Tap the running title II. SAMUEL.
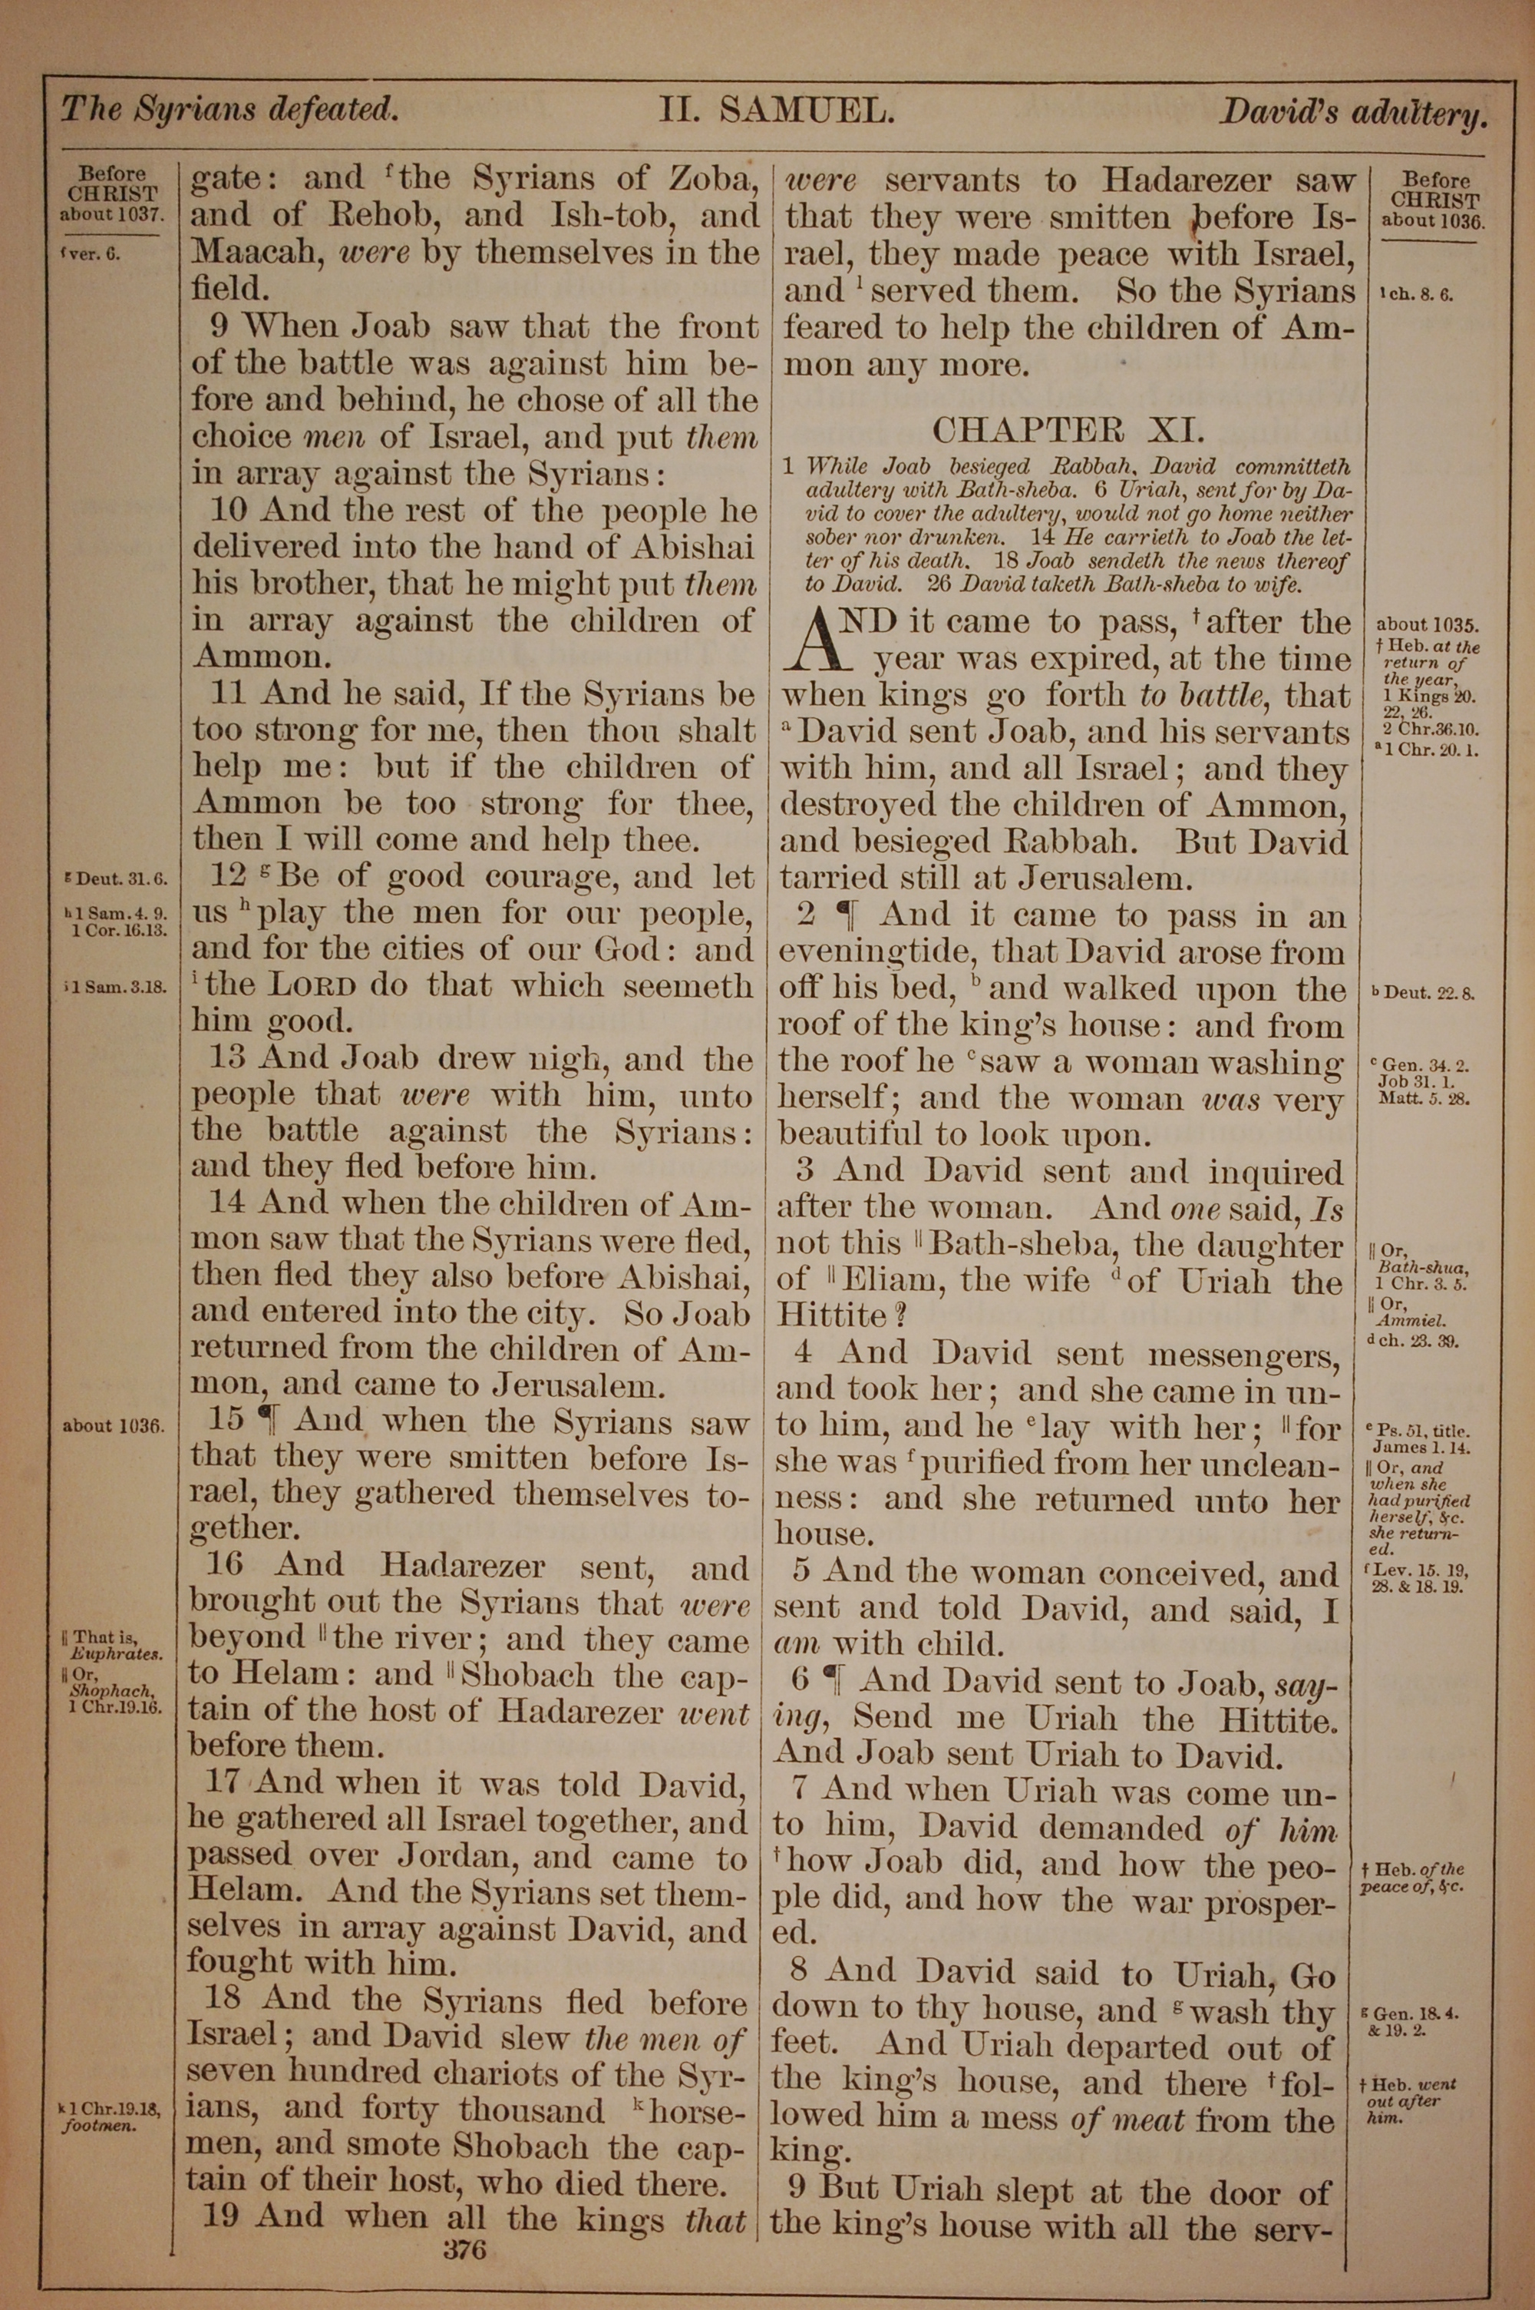tap(775, 111)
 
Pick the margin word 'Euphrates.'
tap(117, 1654)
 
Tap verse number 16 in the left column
tap(224, 1564)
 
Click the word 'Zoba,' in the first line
tap(714, 179)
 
